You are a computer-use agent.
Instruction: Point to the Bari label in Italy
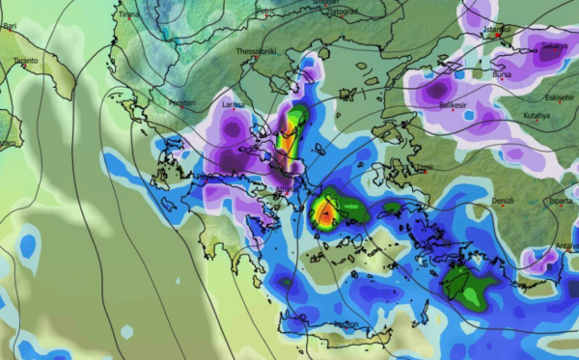click(9, 29)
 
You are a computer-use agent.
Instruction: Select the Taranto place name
click(25, 61)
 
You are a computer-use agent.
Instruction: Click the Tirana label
click(127, 15)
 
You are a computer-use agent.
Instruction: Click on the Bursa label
click(502, 73)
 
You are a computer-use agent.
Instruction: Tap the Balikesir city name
click(454, 103)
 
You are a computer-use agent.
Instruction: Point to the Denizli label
click(503, 201)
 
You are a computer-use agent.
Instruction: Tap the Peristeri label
click(182, 103)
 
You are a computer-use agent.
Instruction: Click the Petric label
click(267, 12)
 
